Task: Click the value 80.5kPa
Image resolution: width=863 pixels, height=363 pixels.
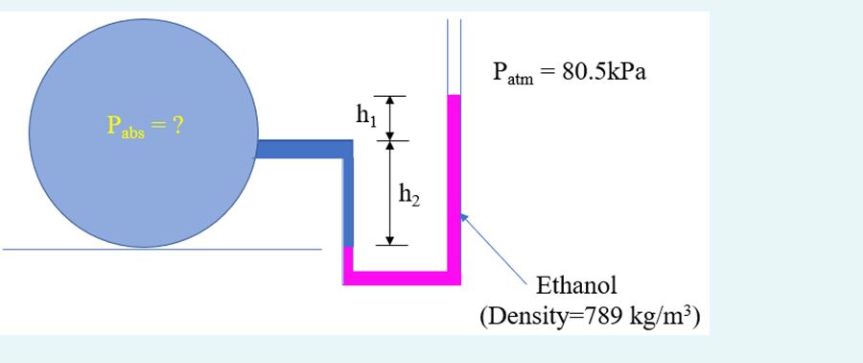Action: [603, 76]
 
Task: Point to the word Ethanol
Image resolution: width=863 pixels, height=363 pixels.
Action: [576, 286]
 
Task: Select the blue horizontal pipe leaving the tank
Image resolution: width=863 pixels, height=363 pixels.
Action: [303, 148]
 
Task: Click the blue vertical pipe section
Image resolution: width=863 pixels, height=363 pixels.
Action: [348, 202]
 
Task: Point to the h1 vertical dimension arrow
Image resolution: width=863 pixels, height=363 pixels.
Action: [389, 118]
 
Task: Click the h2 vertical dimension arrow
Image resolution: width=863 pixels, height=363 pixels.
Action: [389, 192]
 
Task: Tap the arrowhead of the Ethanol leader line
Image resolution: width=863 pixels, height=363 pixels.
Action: [462, 217]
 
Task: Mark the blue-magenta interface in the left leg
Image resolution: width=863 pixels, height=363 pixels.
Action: [348, 246]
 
